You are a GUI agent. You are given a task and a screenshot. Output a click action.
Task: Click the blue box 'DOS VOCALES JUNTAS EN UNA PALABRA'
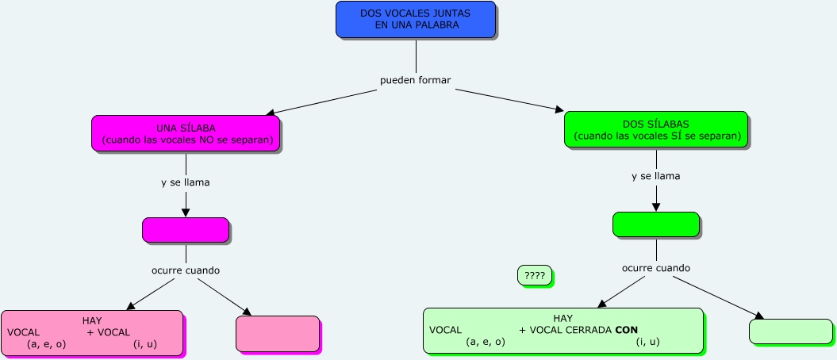point(416,19)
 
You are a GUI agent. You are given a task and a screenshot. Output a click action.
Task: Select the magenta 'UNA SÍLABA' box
point(186,133)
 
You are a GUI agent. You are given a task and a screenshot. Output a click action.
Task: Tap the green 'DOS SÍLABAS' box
point(655,129)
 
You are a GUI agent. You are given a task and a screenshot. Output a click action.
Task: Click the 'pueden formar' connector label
point(415,81)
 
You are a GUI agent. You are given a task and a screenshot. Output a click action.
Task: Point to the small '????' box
point(534,275)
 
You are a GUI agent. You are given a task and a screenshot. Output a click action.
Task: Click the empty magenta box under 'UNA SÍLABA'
point(186,229)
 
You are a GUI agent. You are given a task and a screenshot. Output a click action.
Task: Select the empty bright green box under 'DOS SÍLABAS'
point(655,224)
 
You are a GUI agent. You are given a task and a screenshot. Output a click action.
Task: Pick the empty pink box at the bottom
point(278,333)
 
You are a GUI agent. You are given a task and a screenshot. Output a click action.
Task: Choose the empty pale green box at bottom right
point(791,331)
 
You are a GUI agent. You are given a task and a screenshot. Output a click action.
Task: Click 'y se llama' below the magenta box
point(185,182)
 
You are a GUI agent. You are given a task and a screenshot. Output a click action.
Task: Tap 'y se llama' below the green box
point(655,176)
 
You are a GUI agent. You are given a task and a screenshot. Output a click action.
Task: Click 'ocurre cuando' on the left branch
point(186,270)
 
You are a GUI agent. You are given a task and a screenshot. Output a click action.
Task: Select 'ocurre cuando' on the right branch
point(655,267)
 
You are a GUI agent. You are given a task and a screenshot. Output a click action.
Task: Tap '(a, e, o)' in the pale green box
point(486,342)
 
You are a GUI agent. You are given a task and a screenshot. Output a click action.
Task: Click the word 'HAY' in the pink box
point(92,321)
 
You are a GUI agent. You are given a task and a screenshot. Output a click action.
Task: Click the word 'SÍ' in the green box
point(677,136)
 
